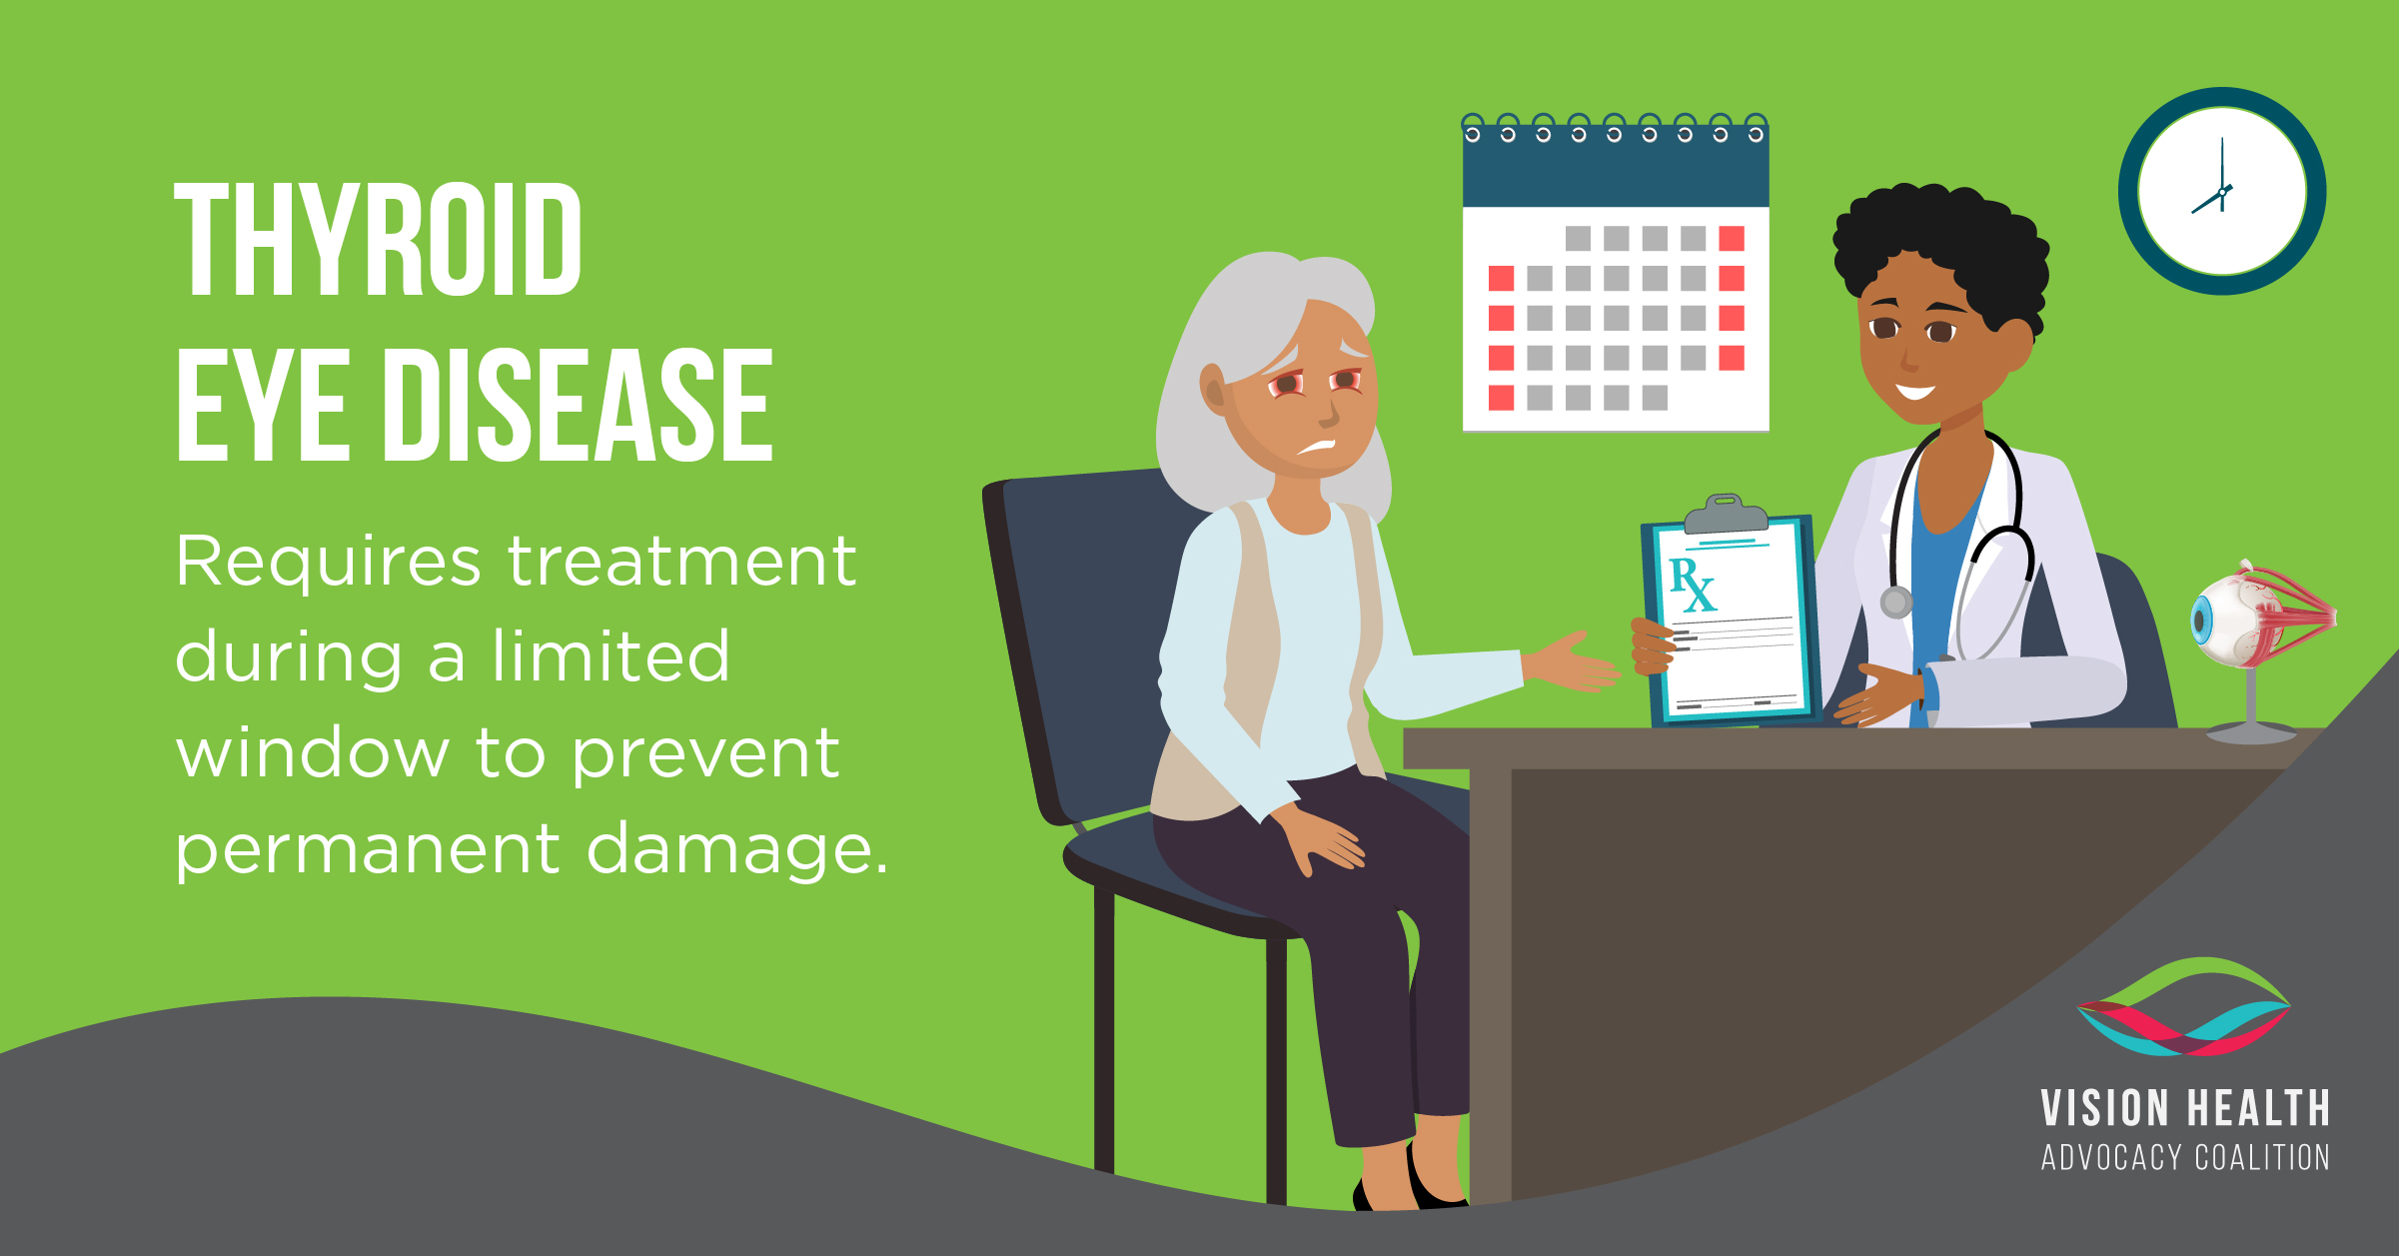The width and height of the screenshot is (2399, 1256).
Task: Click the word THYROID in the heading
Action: (x=378, y=240)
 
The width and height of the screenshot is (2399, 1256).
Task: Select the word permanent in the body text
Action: (x=369, y=850)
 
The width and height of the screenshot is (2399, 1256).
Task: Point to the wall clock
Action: (x=2222, y=191)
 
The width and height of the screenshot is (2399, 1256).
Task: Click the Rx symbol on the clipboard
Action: (x=1693, y=585)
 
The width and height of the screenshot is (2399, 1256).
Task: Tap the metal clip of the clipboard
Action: (x=1726, y=514)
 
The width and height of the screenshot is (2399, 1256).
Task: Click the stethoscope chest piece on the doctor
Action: (x=1895, y=603)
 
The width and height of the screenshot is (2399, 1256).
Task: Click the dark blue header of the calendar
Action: (x=1616, y=166)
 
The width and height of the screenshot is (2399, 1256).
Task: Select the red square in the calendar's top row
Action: (x=1732, y=239)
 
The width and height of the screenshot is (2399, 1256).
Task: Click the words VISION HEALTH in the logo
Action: (x=2185, y=1109)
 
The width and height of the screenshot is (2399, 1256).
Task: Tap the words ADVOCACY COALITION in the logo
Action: (x=2185, y=1157)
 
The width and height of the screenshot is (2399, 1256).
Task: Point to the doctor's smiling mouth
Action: (x=1915, y=391)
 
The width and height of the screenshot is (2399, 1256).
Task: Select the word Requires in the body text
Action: (x=328, y=563)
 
